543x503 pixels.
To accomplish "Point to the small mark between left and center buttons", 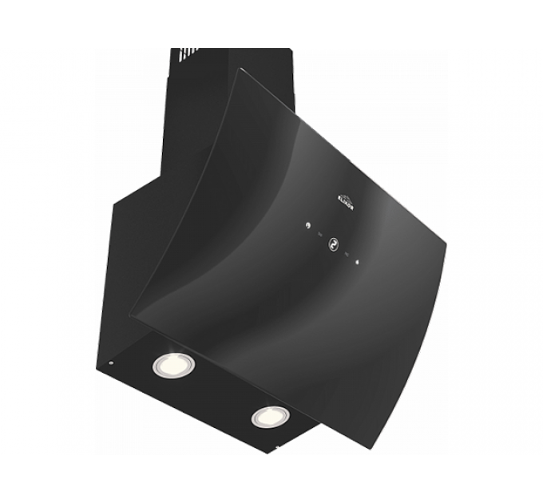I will [319, 235].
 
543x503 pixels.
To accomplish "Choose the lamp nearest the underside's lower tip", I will [271, 415].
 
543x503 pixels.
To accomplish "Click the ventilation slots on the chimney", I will [184, 54].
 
